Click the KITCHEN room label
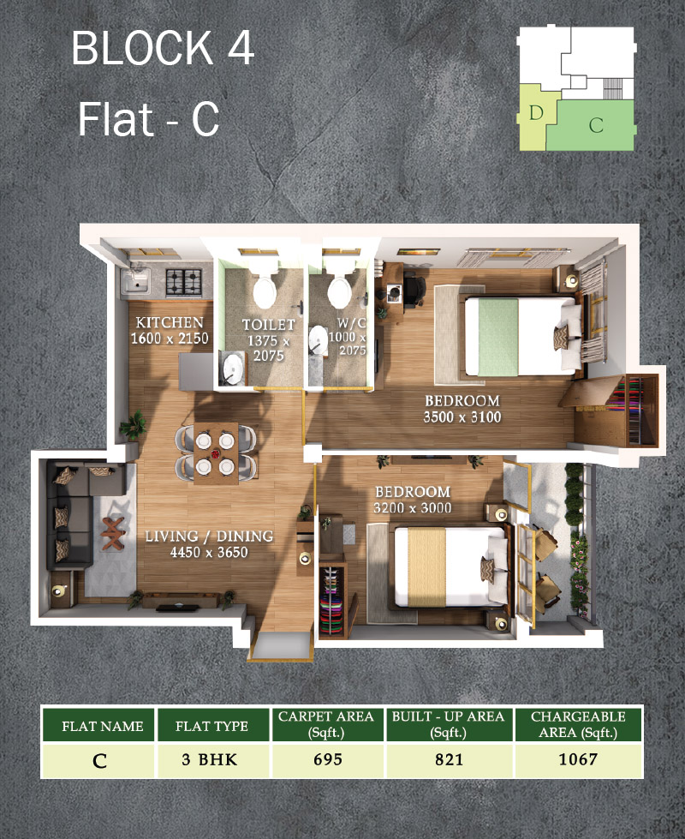pyautogui.click(x=170, y=322)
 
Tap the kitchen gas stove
pyautogui.click(x=183, y=282)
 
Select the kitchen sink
pyautogui.click(x=135, y=281)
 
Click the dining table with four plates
pyautogui.click(x=216, y=452)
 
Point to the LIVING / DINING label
pyautogui.click(x=209, y=536)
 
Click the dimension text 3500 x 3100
pyautogui.click(x=462, y=417)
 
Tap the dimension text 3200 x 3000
pyautogui.click(x=412, y=508)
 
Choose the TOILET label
pyautogui.click(x=269, y=325)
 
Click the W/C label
pyautogui.click(x=351, y=322)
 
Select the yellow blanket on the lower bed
pyautogui.click(x=426, y=567)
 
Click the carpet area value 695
pyautogui.click(x=327, y=759)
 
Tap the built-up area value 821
pyautogui.click(x=449, y=759)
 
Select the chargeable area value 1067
pyautogui.click(x=577, y=759)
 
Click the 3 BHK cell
pyautogui.click(x=209, y=760)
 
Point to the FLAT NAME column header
pyautogui.click(x=102, y=726)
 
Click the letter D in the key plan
pyautogui.click(x=536, y=113)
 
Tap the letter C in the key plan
pyautogui.click(x=596, y=125)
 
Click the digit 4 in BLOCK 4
pyautogui.click(x=241, y=48)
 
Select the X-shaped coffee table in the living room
pyautogui.click(x=113, y=533)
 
